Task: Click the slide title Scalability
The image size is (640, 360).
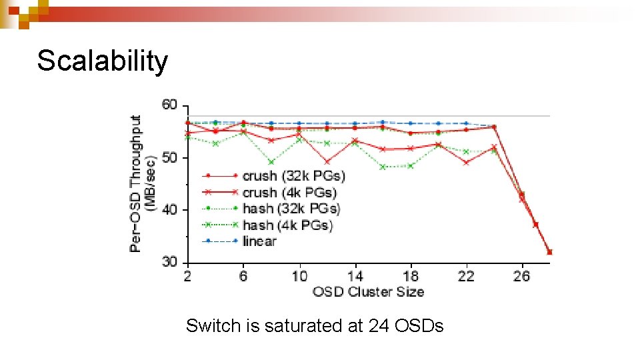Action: [103, 61]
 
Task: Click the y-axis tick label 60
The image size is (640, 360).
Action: [169, 105]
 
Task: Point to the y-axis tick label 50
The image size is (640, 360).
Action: [169, 157]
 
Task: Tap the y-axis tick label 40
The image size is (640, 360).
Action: [169, 209]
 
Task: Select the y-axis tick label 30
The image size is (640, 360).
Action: [169, 262]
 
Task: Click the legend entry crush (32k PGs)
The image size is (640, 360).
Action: [294, 176]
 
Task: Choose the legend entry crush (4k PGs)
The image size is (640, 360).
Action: [289, 193]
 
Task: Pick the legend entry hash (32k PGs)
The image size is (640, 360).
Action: [291, 209]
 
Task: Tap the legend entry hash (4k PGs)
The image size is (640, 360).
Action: [287, 225]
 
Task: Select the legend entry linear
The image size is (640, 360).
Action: [259, 241]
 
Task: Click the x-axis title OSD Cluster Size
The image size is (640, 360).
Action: [367, 291]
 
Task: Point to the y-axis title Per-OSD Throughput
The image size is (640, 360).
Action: [136, 183]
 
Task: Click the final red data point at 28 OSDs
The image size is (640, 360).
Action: [549, 252]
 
